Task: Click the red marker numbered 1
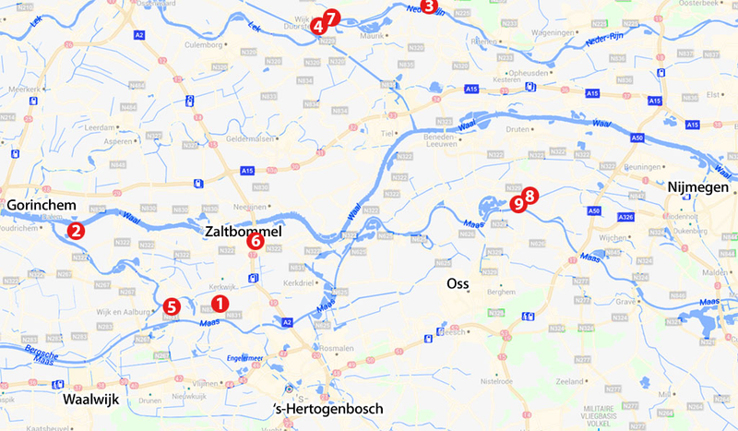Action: [x=219, y=302]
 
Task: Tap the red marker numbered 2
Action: [x=77, y=231]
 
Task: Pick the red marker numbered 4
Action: [x=318, y=27]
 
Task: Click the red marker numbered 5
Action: [x=170, y=306]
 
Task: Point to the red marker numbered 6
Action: [x=256, y=242]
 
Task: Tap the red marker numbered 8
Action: [x=530, y=196]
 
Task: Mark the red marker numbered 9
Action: [x=518, y=201]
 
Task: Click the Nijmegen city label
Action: [x=696, y=187]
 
